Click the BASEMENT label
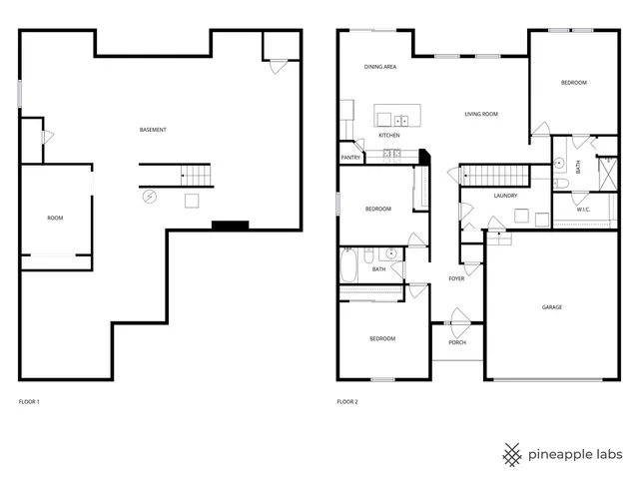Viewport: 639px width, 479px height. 153,131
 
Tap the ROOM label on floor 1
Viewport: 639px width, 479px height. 55,218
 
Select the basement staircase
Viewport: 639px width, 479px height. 197,176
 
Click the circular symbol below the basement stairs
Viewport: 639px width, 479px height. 150,197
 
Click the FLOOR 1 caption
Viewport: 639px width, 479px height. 29,402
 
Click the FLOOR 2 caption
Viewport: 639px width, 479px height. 347,402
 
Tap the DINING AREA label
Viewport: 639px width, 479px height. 380,67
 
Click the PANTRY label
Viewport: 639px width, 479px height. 350,157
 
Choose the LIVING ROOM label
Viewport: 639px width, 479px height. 481,114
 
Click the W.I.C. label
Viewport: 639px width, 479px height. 580,208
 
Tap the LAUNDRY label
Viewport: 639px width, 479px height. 505,196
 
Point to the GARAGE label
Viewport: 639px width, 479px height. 552,307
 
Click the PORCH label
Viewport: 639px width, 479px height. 457,342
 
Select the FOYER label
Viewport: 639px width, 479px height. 456,278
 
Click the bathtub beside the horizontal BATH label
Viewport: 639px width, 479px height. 348,265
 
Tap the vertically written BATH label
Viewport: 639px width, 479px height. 577,167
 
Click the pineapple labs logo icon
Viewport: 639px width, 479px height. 512,454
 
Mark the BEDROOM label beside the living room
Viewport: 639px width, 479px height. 573,82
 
